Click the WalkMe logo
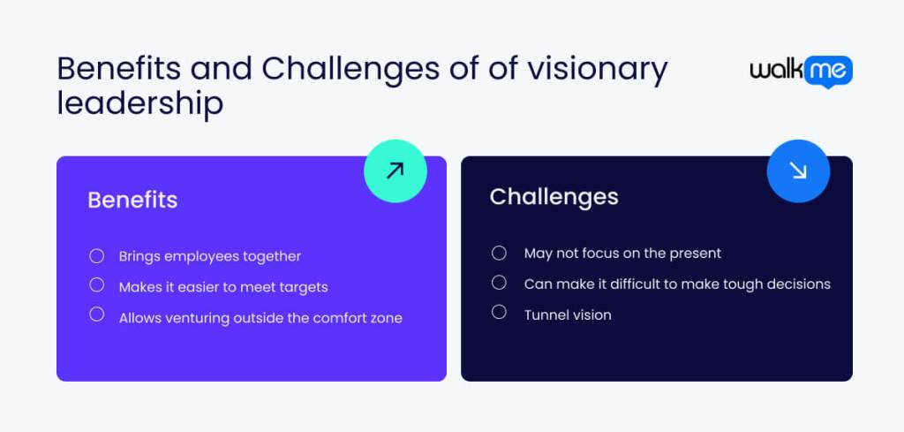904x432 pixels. tap(801, 72)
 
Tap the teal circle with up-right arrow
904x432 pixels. tap(395, 171)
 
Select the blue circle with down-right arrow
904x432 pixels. tap(798, 171)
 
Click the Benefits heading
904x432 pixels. tap(132, 200)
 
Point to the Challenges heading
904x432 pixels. tap(554, 196)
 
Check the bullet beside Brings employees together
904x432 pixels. tap(97, 256)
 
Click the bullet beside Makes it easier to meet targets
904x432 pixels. tap(97, 285)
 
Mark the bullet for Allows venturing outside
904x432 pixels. tap(97, 315)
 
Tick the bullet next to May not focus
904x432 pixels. tap(499, 254)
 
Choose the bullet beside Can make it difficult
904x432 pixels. tap(499, 283)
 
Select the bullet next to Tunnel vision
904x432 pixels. tap(499, 312)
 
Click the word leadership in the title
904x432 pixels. tap(139, 103)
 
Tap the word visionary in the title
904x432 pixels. tap(596, 69)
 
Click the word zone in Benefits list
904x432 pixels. tap(386, 318)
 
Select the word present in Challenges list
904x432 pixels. tap(694, 254)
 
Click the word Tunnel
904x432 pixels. tap(545, 315)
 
